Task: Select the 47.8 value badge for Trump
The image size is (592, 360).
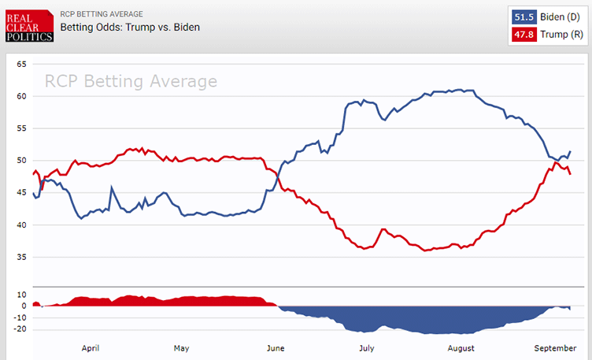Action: [524, 35]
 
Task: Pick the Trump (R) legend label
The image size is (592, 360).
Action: [560, 35]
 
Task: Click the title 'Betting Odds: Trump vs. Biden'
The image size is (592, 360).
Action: [130, 28]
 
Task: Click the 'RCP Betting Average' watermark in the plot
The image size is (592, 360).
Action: [130, 82]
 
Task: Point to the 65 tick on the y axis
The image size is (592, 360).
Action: [21, 64]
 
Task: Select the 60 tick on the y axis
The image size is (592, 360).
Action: [21, 96]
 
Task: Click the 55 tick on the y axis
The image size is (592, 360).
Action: [21, 128]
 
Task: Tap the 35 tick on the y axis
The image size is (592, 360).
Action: [21, 258]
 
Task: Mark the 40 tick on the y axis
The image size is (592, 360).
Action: [21, 225]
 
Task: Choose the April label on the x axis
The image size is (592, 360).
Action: [90, 347]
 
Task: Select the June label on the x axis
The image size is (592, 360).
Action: [276, 347]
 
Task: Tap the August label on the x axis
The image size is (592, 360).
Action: [461, 347]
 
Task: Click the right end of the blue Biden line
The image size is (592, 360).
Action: [570, 151]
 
